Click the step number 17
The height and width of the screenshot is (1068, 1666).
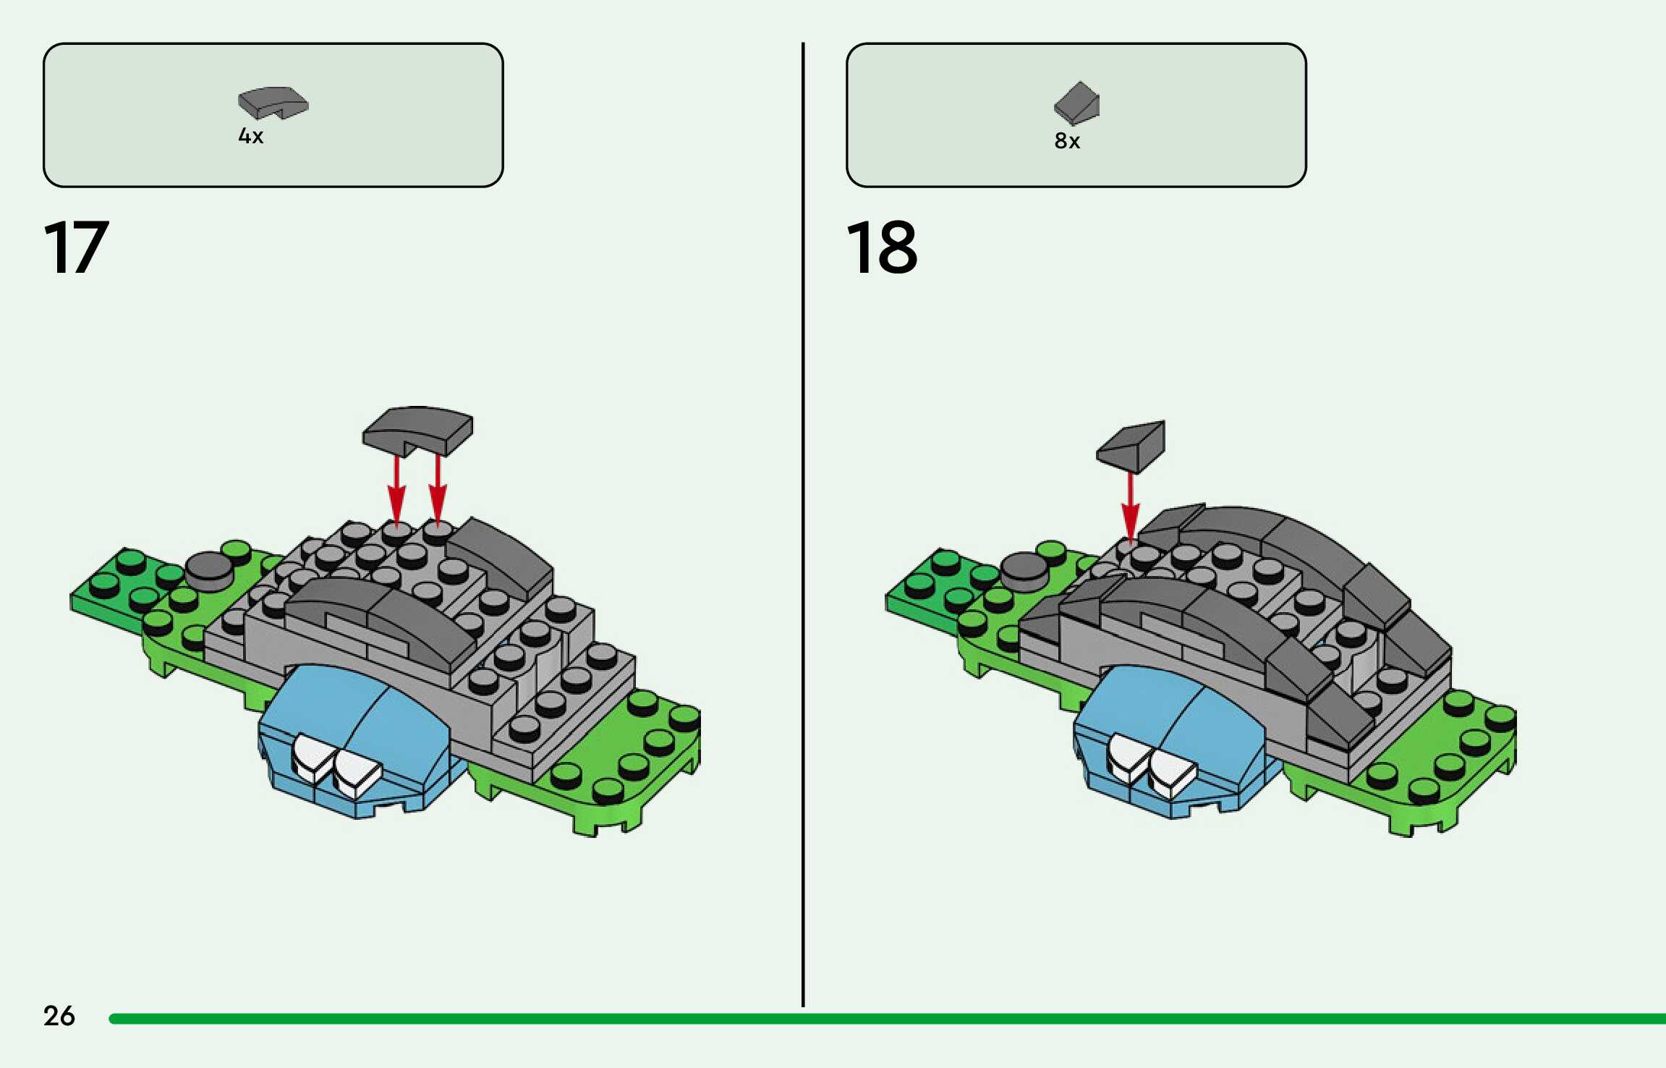77,247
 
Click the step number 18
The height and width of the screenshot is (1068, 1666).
882,247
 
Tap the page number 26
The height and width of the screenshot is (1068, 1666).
59,1016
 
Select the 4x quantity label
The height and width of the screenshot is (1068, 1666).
251,136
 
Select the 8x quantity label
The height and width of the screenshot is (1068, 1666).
1067,140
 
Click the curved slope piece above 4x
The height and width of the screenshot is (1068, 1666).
273,103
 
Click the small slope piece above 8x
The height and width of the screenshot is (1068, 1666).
1077,102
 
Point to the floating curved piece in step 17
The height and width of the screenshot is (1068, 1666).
418,430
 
